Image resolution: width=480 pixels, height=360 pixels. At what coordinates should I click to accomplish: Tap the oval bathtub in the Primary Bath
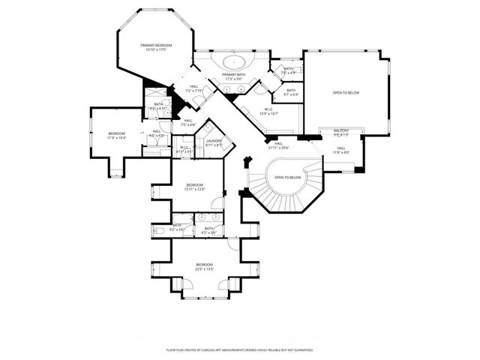(x=232, y=62)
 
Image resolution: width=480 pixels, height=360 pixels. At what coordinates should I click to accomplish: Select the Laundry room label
(x=212, y=142)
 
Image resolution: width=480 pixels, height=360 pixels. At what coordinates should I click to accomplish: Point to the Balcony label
(x=341, y=133)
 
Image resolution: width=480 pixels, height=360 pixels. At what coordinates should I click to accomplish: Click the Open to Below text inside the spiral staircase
(x=288, y=177)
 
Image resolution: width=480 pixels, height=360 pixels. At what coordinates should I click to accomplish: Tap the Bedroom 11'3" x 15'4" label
(x=116, y=136)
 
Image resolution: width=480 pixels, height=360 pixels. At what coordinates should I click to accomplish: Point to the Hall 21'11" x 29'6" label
(x=278, y=145)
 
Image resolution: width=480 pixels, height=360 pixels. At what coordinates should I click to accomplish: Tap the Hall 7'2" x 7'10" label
(x=194, y=88)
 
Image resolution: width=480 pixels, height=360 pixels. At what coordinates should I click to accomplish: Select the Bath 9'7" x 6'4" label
(x=290, y=92)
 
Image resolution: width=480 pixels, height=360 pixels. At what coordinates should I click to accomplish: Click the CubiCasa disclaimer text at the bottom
(x=239, y=349)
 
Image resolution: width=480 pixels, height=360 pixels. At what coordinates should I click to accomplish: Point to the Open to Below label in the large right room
(x=346, y=92)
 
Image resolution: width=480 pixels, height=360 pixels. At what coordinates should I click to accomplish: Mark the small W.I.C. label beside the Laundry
(x=184, y=149)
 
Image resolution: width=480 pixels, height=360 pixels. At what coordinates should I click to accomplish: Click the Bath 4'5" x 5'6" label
(x=208, y=229)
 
